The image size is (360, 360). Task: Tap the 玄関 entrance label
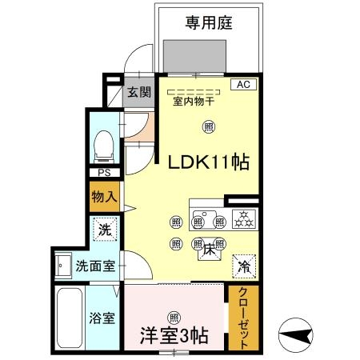click(x=136, y=93)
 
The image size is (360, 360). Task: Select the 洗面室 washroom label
click(x=94, y=266)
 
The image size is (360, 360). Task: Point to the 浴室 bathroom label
click(x=102, y=318)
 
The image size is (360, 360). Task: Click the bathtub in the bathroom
click(x=69, y=317)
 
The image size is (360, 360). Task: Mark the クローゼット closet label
click(x=244, y=318)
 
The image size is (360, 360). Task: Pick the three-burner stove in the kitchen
click(x=242, y=217)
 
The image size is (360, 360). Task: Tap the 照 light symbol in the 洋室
click(x=174, y=315)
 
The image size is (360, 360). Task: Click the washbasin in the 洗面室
click(x=62, y=266)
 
